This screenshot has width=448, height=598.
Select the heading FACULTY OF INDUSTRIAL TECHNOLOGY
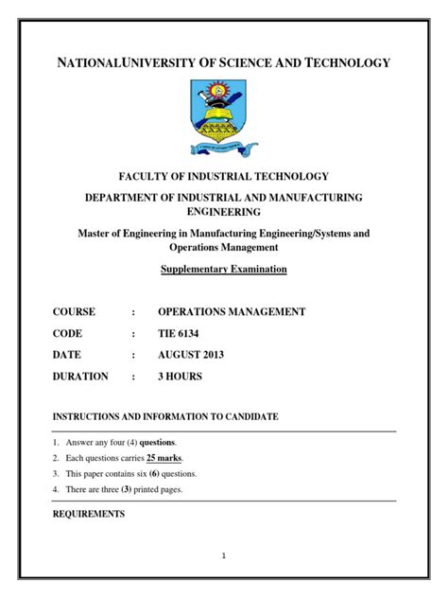[x=223, y=176]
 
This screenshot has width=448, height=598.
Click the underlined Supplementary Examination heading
[x=223, y=269]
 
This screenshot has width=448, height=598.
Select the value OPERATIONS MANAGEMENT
[x=231, y=311]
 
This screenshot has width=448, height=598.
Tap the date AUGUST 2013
[x=191, y=355]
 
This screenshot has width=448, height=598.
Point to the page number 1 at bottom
[x=223, y=556]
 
